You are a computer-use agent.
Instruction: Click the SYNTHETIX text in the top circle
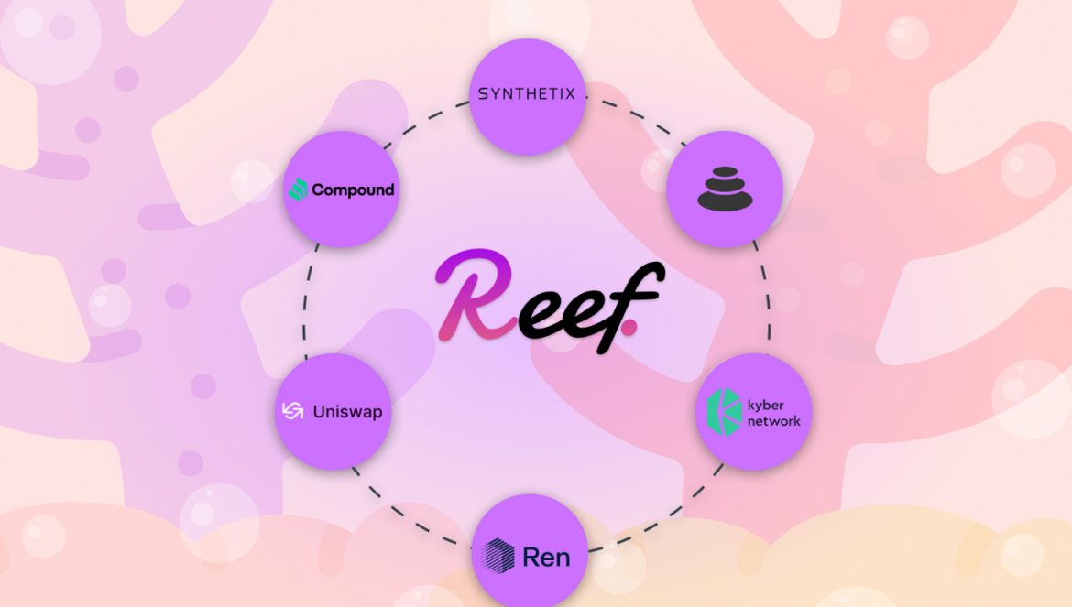pyautogui.click(x=527, y=93)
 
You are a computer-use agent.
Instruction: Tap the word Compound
pyautogui.click(x=353, y=190)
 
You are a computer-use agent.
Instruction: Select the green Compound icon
pyautogui.click(x=298, y=190)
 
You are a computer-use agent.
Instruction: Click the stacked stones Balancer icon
pyautogui.click(x=724, y=188)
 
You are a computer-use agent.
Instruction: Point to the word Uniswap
pyautogui.click(x=347, y=412)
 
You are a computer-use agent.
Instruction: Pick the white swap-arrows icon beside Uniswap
pyautogui.click(x=293, y=411)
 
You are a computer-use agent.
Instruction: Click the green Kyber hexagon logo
pyautogui.click(x=726, y=412)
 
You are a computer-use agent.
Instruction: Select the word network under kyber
pyautogui.click(x=773, y=421)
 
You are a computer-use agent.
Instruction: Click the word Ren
pyautogui.click(x=546, y=556)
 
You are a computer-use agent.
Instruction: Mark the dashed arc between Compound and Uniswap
pyautogui.click(x=307, y=302)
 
